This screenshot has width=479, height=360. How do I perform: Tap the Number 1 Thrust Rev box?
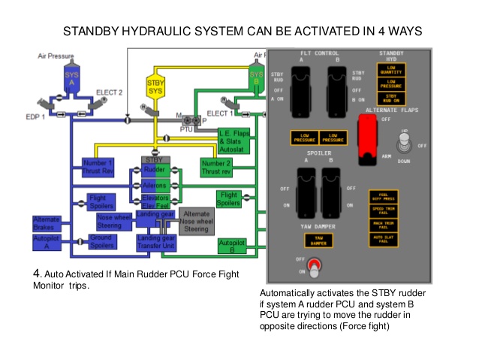tap(98, 167)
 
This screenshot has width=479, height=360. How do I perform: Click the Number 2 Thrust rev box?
tap(215, 167)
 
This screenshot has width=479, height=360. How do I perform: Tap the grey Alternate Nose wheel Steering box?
tap(196, 222)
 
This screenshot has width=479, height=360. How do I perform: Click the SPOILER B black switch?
tap(333, 191)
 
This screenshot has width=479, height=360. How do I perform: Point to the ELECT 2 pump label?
tap(109, 93)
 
